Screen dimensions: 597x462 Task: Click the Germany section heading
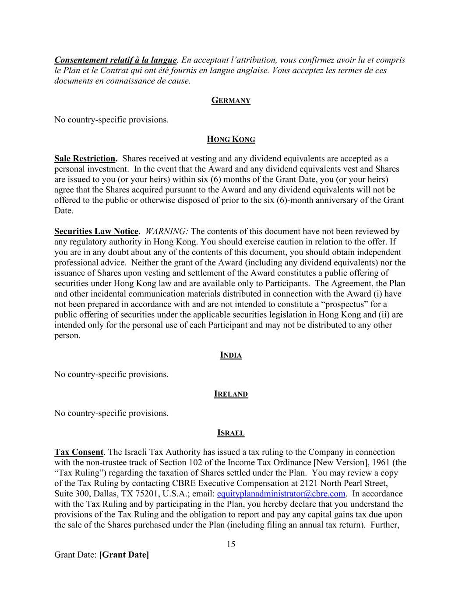point(231,101)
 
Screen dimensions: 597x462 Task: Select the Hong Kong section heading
point(231,140)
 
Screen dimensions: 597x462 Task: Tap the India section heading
point(231,355)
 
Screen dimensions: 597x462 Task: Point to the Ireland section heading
point(231,394)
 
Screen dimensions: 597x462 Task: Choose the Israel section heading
point(231,433)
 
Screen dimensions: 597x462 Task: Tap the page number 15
point(231,544)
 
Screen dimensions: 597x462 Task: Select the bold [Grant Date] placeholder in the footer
point(124,555)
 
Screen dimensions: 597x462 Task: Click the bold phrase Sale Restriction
point(85,158)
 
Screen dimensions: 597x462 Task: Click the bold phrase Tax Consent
point(79,452)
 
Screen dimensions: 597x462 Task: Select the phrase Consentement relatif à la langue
point(116,60)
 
